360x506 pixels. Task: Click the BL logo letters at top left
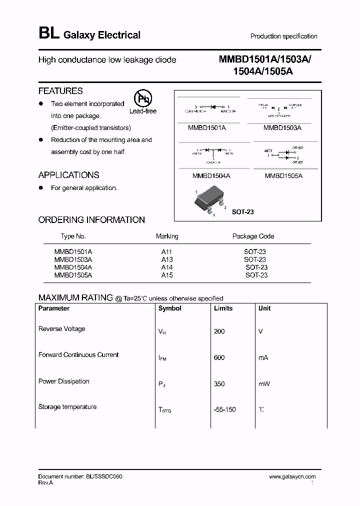click(48, 34)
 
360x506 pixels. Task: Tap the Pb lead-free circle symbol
click(142, 98)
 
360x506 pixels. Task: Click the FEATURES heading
click(60, 91)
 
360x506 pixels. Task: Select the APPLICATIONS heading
click(68, 175)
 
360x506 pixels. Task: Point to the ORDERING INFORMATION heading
click(91, 220)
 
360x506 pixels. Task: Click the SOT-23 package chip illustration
click(208, 202)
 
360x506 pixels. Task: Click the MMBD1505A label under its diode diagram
click(283, 176)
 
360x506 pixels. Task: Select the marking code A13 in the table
click(167, 259)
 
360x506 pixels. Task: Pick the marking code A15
click(167, 275)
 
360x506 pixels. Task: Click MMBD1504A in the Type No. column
click(73, 267)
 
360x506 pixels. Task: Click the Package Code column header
click(253, 236)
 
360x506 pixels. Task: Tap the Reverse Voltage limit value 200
click(219, 331)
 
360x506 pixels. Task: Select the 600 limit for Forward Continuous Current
click(219, 357)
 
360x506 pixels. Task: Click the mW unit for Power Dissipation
click(264, 384)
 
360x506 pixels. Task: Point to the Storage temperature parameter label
click(67, 407)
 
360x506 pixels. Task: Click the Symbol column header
click(170, 308)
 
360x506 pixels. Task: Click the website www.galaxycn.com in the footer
click(292, 477)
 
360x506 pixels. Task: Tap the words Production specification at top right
click(283, 36)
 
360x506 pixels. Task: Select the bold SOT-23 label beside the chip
click(243, 212)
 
